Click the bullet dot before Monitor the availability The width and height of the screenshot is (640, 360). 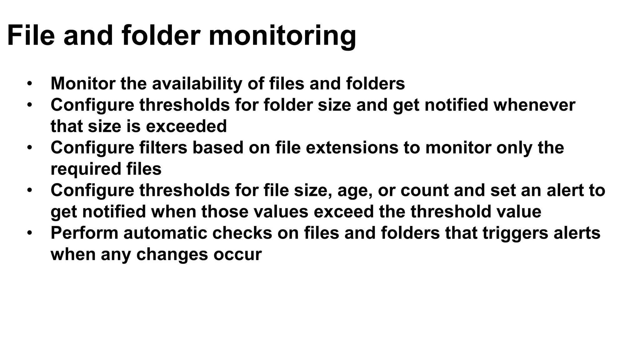(x=29, y=83)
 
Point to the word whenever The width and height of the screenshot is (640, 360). (x=534, y=105)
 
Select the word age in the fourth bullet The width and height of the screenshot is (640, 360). (x=355, y=191)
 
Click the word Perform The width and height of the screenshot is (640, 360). (x=84, y=233)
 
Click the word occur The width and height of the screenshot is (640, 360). (x=237, y=254)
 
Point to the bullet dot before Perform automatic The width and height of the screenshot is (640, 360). (x=29, y=233)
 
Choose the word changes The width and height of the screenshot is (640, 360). (x=172, y=255)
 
